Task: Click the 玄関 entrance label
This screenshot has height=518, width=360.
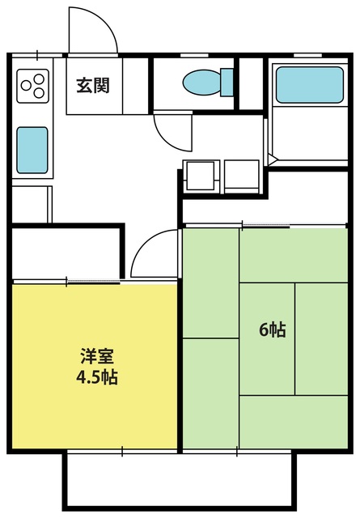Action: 93,84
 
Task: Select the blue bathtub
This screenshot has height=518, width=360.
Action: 309,84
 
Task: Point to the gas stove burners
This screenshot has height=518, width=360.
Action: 32,83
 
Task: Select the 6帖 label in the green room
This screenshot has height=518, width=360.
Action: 273,330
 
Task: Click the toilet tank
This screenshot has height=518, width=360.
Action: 226,83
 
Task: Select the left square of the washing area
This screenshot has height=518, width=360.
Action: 200,175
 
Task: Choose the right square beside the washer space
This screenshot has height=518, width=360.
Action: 240,175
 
